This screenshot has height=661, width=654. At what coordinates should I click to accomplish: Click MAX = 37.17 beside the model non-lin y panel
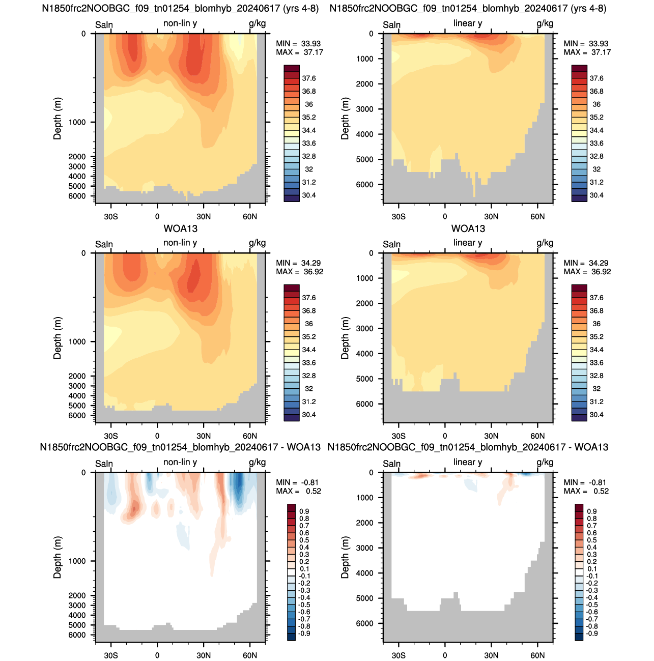[299, 52]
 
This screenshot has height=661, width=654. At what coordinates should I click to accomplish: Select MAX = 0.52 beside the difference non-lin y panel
[298, 491]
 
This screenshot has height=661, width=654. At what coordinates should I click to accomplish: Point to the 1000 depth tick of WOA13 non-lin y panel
[77, 341]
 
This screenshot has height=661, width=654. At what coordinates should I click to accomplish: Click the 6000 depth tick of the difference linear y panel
[364, 623]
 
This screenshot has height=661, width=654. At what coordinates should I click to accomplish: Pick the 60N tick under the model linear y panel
[537, 216]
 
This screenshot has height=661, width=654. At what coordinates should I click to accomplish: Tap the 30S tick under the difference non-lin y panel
[111, 655]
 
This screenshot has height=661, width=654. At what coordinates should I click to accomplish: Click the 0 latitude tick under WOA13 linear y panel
[445, 436]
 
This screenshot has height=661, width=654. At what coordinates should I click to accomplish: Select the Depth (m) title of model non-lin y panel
[58, 119]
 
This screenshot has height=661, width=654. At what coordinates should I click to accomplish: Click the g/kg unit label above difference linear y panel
[545, 462]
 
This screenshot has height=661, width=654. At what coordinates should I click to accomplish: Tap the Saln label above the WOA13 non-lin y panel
[104, 244]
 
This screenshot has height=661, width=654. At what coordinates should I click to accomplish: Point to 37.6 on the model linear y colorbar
[596, 78]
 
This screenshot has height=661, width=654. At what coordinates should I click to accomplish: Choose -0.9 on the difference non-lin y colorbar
[304, 633]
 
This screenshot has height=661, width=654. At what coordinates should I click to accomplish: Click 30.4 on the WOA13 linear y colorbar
[596, 414]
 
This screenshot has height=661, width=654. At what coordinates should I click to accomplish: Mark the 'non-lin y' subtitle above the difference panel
[180, 462]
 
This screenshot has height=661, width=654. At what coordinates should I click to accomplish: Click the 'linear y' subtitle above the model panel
[468, 23]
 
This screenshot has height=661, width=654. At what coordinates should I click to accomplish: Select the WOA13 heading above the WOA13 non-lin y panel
[181, 228]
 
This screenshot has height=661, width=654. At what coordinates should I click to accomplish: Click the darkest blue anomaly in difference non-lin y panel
[239, 483]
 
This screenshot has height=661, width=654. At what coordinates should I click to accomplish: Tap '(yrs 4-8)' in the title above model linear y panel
[589, 8]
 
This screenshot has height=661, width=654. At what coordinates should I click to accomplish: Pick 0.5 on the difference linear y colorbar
[591, 540]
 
